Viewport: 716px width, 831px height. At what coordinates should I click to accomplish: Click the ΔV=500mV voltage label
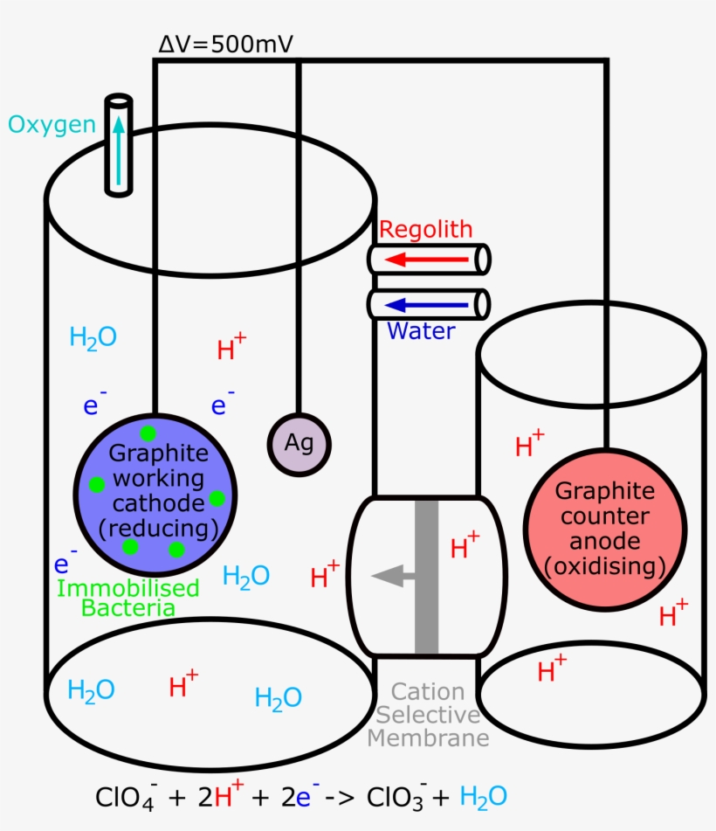coord(225,44)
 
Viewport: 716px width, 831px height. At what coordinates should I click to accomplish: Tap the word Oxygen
coord(52,126)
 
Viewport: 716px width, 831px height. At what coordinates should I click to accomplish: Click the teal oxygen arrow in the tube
coord(119,151)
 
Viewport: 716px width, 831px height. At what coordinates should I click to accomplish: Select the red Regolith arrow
coord(426,260)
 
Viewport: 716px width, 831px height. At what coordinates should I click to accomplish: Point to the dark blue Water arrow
coord(426,305)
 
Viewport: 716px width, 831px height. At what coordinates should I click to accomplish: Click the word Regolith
coord(426,230)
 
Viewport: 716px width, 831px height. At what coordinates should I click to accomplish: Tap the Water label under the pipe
coord(421,330)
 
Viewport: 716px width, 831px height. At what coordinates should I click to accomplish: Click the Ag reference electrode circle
coord(299,444)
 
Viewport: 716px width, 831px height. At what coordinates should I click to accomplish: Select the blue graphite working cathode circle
coord(155,495)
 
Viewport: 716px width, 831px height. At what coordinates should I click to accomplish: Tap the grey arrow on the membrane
coord(393,576)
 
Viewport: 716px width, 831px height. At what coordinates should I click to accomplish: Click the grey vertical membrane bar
coord(426,577)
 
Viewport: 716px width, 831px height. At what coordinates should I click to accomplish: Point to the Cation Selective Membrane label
coord(428,715)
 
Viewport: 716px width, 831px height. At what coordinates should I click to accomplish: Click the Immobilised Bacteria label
coord(128,598)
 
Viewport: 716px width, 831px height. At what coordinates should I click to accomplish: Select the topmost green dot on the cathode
coord(148,433)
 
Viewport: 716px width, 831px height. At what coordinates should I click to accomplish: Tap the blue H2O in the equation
coord(483,798)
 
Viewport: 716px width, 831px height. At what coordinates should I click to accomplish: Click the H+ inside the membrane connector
coord(465,545)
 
